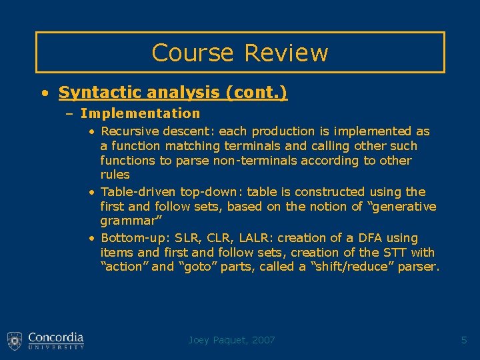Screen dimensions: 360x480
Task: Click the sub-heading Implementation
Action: coord(140,113)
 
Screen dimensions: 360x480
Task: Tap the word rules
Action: coord(115,175)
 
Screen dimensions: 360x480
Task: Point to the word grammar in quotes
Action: coord(127,221)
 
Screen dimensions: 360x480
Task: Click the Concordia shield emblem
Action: coord(15,340)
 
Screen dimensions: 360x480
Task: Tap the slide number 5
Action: coord(464,340)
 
